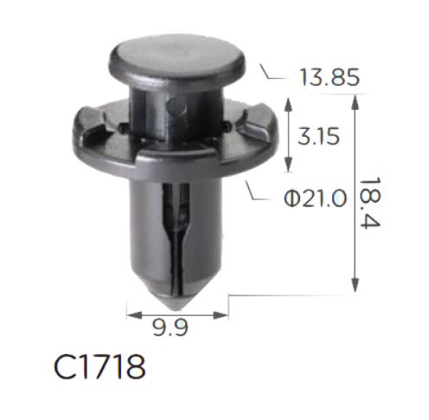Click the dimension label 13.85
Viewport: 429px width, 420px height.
coord(330,77)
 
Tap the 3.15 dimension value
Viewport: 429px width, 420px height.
coord(318,137)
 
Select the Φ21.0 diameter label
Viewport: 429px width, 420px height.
coord(315,198)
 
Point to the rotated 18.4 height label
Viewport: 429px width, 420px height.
coord(370,203)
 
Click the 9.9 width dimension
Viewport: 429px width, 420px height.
coord(170,328)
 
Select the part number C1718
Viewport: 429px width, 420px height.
coord(99,367)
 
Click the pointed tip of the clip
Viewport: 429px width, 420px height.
coord(176,310)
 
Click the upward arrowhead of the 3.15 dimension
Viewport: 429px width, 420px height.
coord(288,105)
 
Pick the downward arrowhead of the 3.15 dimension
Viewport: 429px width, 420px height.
coord(288,165)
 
